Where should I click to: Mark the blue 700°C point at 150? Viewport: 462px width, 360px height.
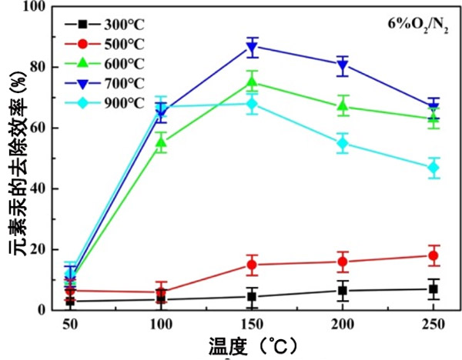tap(252, 47)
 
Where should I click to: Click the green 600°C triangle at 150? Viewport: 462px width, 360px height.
tap(252, 82)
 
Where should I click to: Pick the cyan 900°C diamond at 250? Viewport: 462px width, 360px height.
tap(434, 168)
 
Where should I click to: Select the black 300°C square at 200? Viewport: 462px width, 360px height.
tap(343, 291)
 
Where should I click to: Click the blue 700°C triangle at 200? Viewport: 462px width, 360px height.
tap(343, 65)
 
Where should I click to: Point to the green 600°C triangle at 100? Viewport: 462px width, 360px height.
tap(161, 143)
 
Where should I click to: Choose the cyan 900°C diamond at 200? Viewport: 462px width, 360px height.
tap(343, 143)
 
